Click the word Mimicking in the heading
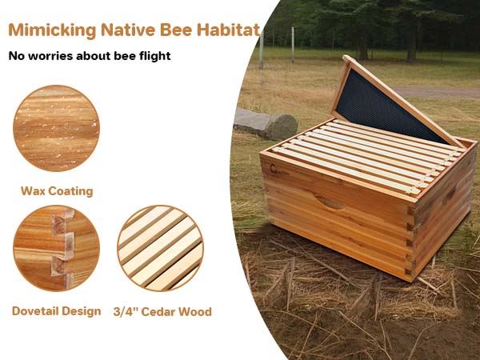click(x=52, y=30)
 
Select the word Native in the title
click(x=128, y=30)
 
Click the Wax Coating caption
click(x=57, y=191)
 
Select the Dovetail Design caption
click(x=56, y=311)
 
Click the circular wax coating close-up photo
click(x=56, y=128)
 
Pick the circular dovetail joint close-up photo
click(x=56, y=248)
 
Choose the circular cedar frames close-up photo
click(x=160, y=248)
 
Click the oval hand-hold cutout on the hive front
click(x=330, y=202)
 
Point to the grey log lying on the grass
click(x=266, y=122)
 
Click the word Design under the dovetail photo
click(x=82, y=312)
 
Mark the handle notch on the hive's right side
click(x=450, y=193)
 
